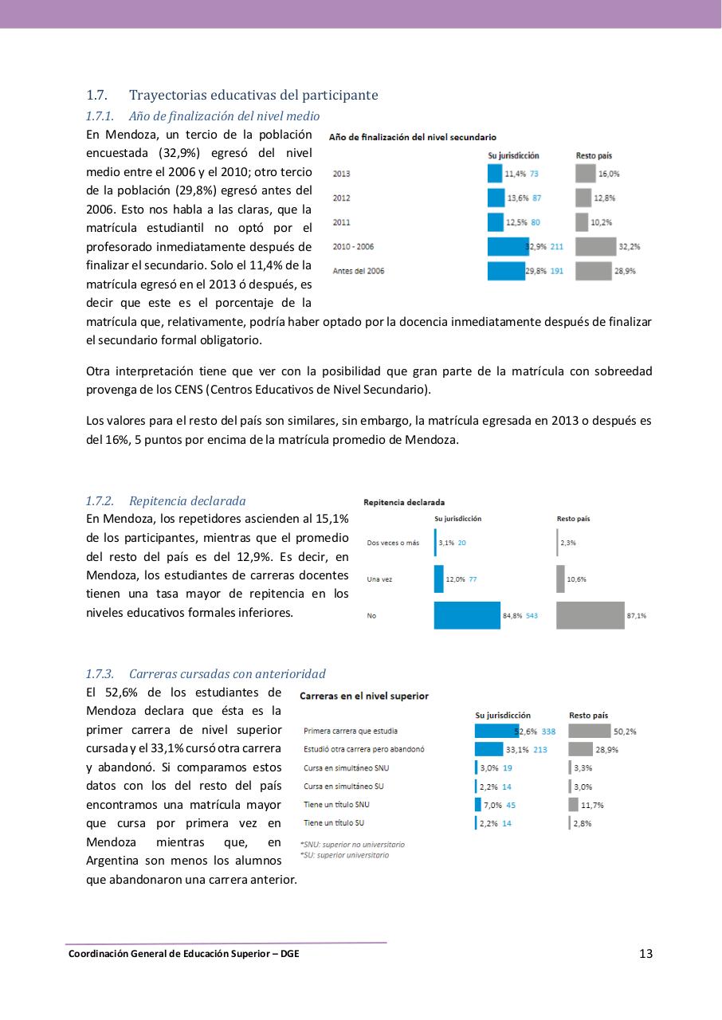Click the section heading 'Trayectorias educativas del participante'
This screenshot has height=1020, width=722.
(253, 96)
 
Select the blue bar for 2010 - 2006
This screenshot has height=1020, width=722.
(508, 246)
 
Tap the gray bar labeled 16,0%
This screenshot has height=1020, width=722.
(585, 173)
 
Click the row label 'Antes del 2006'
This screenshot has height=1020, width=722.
(359, 271)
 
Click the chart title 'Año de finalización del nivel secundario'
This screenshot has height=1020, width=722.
(413, 138)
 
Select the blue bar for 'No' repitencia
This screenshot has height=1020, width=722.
(467, 615)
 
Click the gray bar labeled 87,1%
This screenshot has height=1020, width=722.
(590, 615)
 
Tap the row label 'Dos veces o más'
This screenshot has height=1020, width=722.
(393, 543)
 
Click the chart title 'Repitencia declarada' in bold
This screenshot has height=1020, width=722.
(404, 502)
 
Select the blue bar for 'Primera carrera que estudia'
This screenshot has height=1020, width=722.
(496, 731)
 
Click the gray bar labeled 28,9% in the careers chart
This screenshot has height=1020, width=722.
(580, 749)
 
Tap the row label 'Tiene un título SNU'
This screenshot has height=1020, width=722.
(336, 805)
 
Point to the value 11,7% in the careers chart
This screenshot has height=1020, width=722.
(592, 805)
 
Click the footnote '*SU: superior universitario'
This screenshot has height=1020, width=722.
(344, 855)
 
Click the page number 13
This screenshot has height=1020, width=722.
(645, 954)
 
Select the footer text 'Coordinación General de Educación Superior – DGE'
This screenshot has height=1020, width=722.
(184, 953)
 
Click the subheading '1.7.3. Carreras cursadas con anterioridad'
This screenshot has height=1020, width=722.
(206, 674)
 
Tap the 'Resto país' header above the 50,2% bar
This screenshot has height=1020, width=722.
(588, 715)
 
